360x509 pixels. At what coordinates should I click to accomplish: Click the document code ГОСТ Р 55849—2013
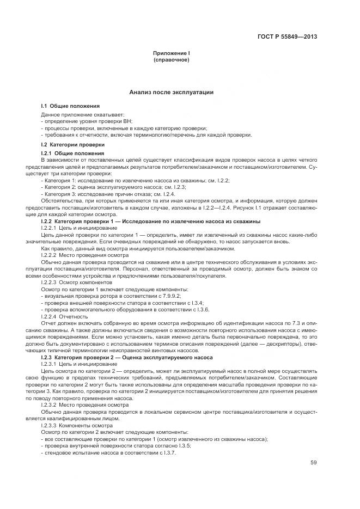287,37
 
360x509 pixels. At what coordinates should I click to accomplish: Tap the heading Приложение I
171,53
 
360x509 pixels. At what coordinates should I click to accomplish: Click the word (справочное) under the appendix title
171,59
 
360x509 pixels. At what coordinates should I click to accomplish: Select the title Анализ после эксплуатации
171,93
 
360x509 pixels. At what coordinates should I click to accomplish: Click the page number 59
313,463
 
